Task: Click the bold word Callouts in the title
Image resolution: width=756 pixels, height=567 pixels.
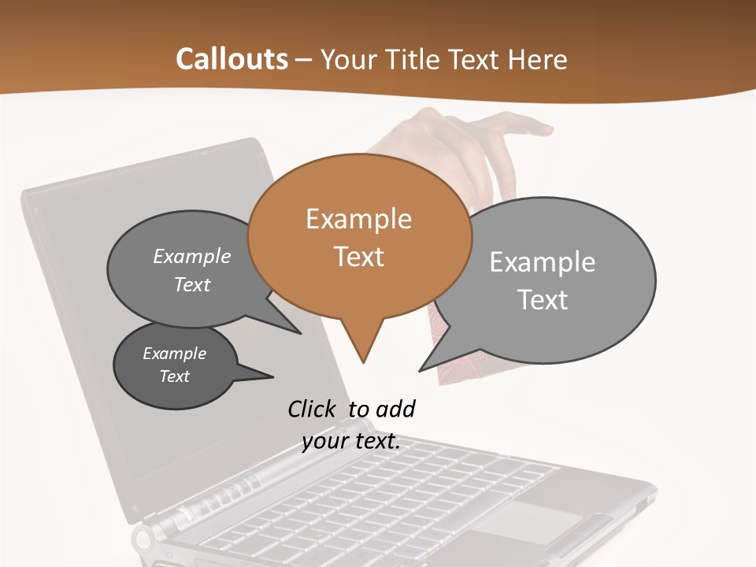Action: pos(232,59)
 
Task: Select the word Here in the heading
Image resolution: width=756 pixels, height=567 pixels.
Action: pos(537,60)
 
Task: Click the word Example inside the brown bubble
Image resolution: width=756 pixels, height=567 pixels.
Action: pos(358,219)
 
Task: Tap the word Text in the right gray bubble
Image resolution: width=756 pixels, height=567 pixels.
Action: pos(543,300)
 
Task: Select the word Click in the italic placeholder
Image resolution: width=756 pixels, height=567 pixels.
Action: pos(312,409)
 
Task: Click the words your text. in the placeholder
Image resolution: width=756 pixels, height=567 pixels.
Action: pos(351,441)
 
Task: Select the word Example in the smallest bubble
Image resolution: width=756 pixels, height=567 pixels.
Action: pos(175,354)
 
